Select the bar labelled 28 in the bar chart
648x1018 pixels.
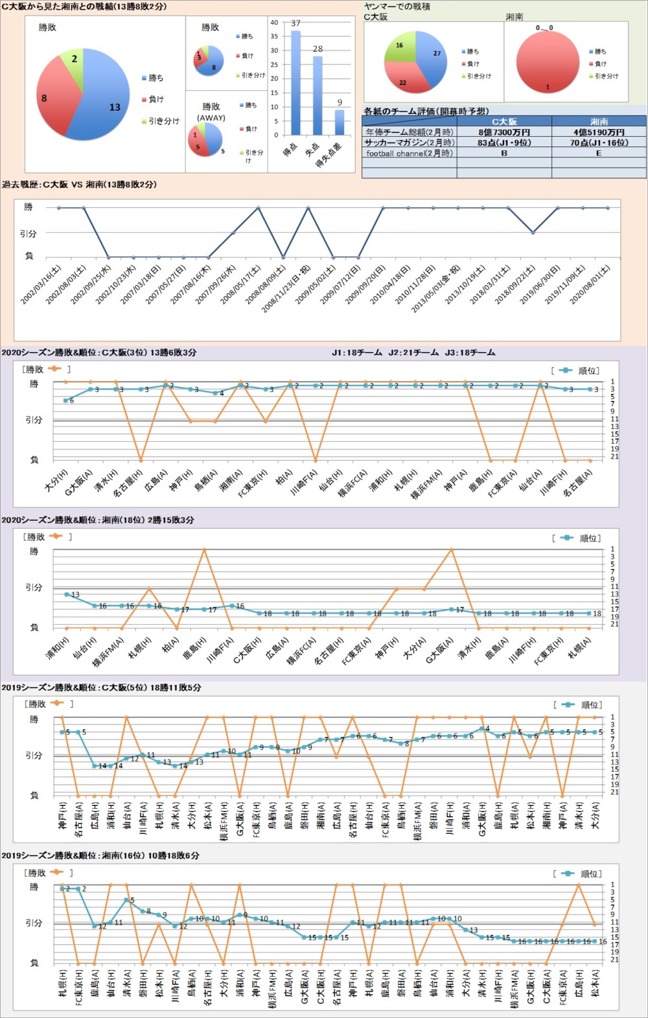pyautogui.click(x=318, y=95)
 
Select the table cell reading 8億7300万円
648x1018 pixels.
pyautogui.click(x=504, y=132)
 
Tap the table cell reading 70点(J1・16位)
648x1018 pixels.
pyautogui.click(x=599, y=143)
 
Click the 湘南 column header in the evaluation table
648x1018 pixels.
pyautogui.click(x=599, y=121)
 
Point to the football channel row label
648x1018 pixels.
pyautogui.click(x=410, y=154)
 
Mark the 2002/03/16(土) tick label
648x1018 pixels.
pyautogui.click(x=41, y=286)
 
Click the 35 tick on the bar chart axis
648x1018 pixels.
pyautogui.click(x=274, y=36)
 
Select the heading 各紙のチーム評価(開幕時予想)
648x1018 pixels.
pyautogui.click(x=426, y=111)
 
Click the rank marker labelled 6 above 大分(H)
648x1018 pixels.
pyautogui.click(x=65, y=400)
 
